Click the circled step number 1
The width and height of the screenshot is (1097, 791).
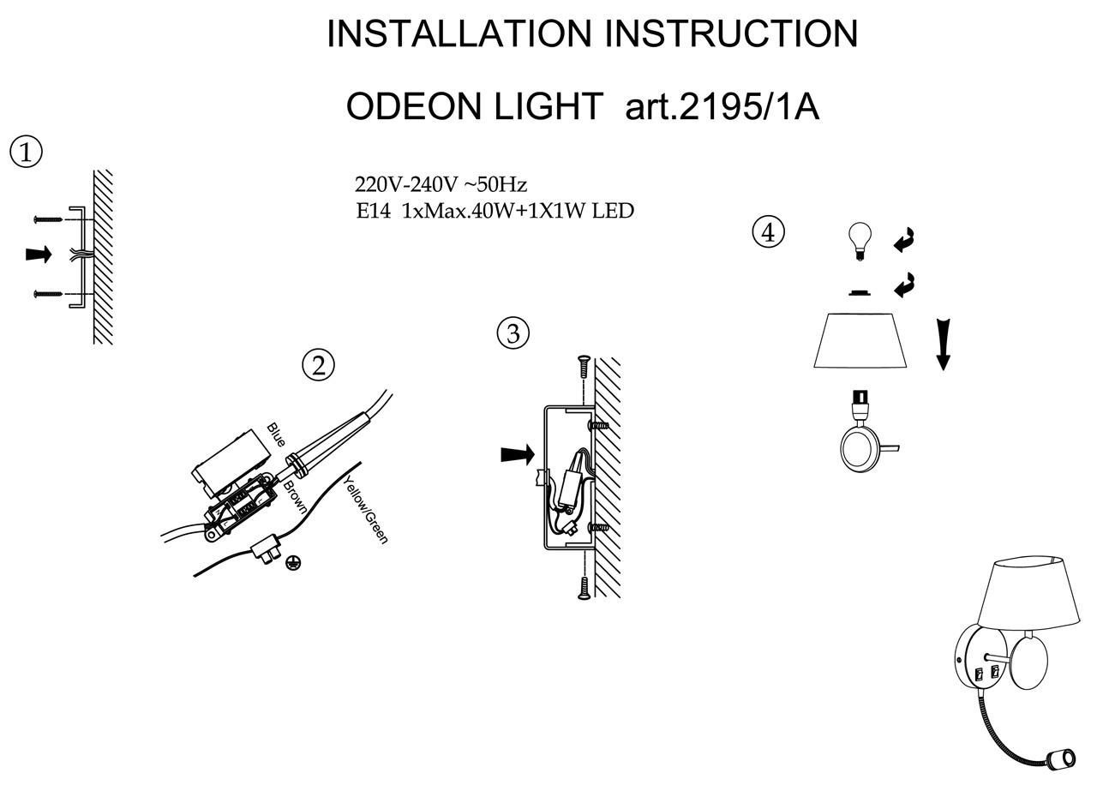(x=26, y=153)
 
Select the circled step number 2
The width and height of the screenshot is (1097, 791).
(x=318, y=366)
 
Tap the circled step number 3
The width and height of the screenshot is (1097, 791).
(x=513, y=333)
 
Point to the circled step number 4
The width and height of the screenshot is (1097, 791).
(x=768, y=232)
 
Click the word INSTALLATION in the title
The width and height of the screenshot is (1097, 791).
(x=459, y=34)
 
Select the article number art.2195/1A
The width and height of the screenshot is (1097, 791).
(x=722, y=107)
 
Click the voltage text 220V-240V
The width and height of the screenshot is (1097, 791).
(x=406, y=184)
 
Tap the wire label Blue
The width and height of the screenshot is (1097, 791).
(x=276, y=435)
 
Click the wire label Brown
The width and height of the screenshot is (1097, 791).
(x=295, y=496)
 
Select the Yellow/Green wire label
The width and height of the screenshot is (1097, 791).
(x=366, y=511)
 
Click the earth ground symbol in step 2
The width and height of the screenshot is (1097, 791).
(x=293, y=562)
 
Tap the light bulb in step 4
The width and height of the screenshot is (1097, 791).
(x=859, y=237)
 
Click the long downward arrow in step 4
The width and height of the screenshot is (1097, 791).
(x=943, y=343)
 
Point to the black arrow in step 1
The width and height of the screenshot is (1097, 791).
(x=39, y=255)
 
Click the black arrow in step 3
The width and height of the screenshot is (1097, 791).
(x=517, y=454)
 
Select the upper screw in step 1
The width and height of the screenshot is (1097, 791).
(x=48, y=219)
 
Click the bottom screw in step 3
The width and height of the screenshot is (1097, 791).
(x=583, y=587)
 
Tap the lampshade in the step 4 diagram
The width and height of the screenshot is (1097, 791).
(x=860, y=341)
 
